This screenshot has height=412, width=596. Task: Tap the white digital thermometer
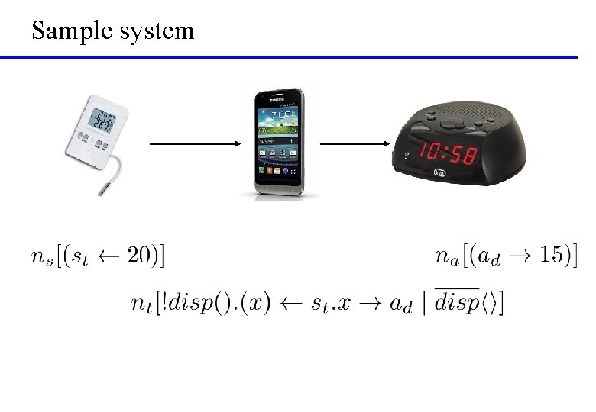[99, 130]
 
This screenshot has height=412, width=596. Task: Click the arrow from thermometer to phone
[194, 143]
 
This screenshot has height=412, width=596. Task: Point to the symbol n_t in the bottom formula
[142, 303]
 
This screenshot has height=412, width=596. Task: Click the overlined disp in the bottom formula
[458, 303]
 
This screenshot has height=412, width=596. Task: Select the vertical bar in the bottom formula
[424, 303]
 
